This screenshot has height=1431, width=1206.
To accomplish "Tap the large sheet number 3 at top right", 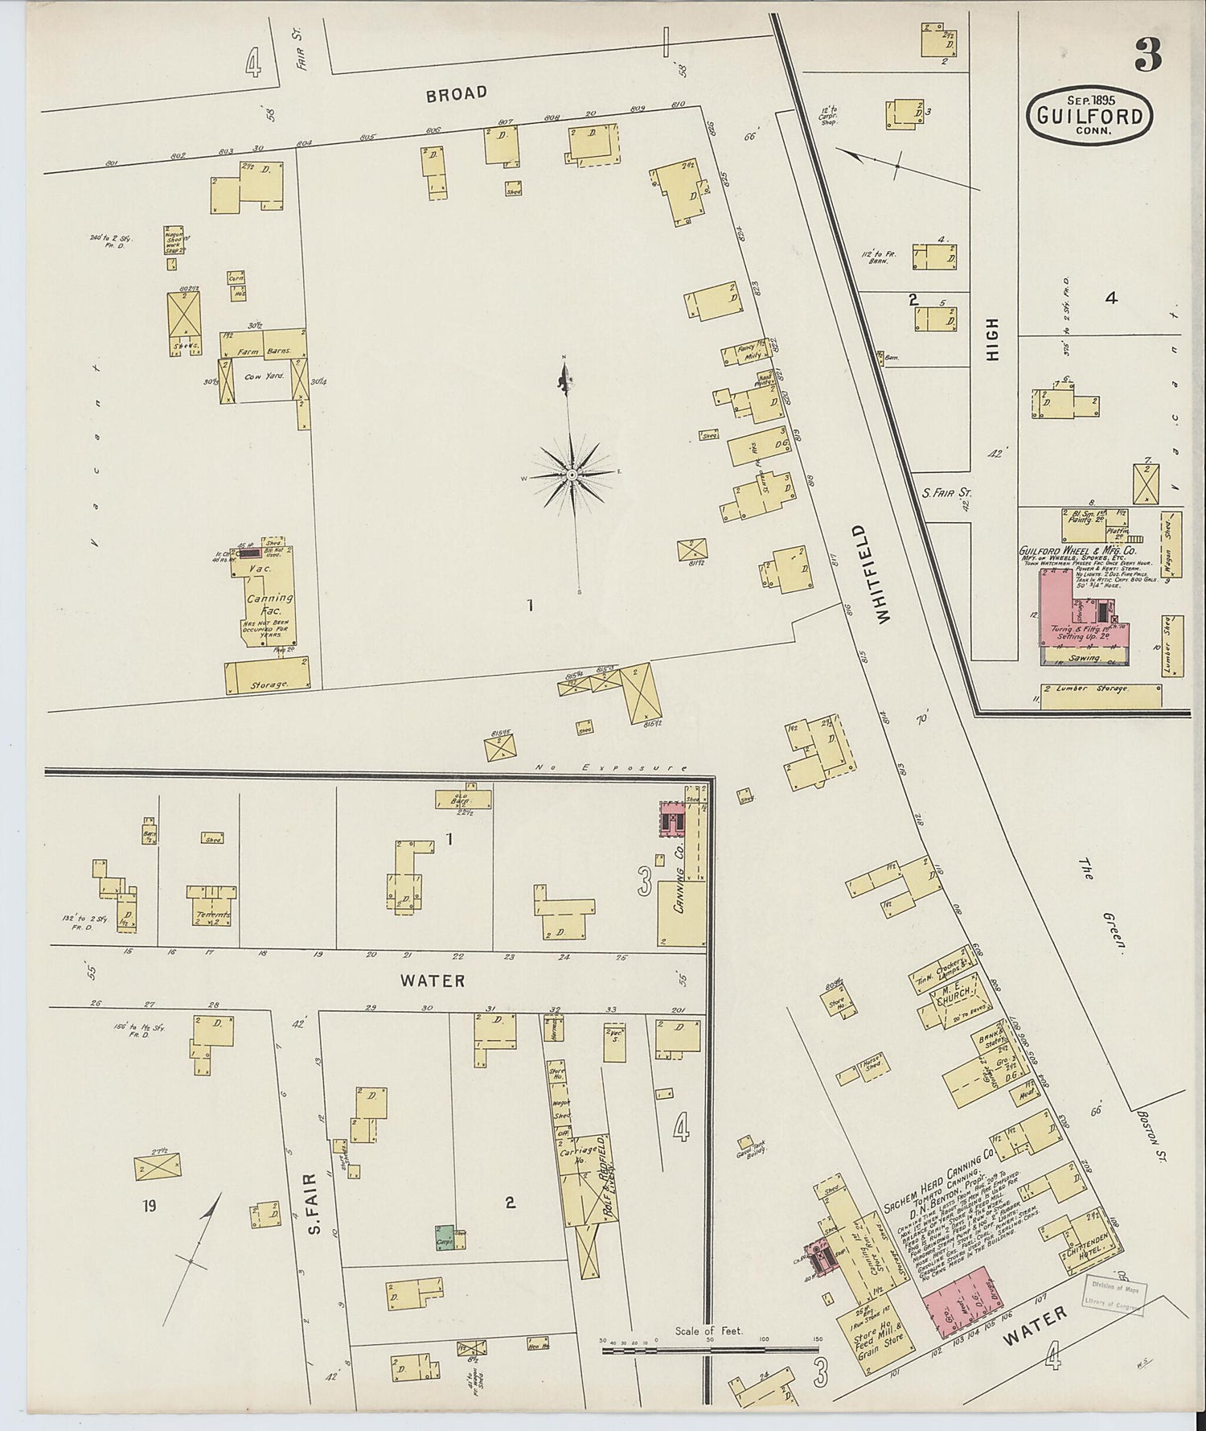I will pyautogui.click(x=1148, y=55).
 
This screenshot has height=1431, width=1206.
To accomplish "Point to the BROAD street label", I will pyautogui.click(x=457, y=93).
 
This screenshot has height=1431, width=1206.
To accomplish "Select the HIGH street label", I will pyautogui.click(x=992, y=339).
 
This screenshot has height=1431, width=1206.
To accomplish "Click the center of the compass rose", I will pyautogui.click(x=571, y=475).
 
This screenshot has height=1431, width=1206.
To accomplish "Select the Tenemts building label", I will pyautogui.click(x=211, y=915).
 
